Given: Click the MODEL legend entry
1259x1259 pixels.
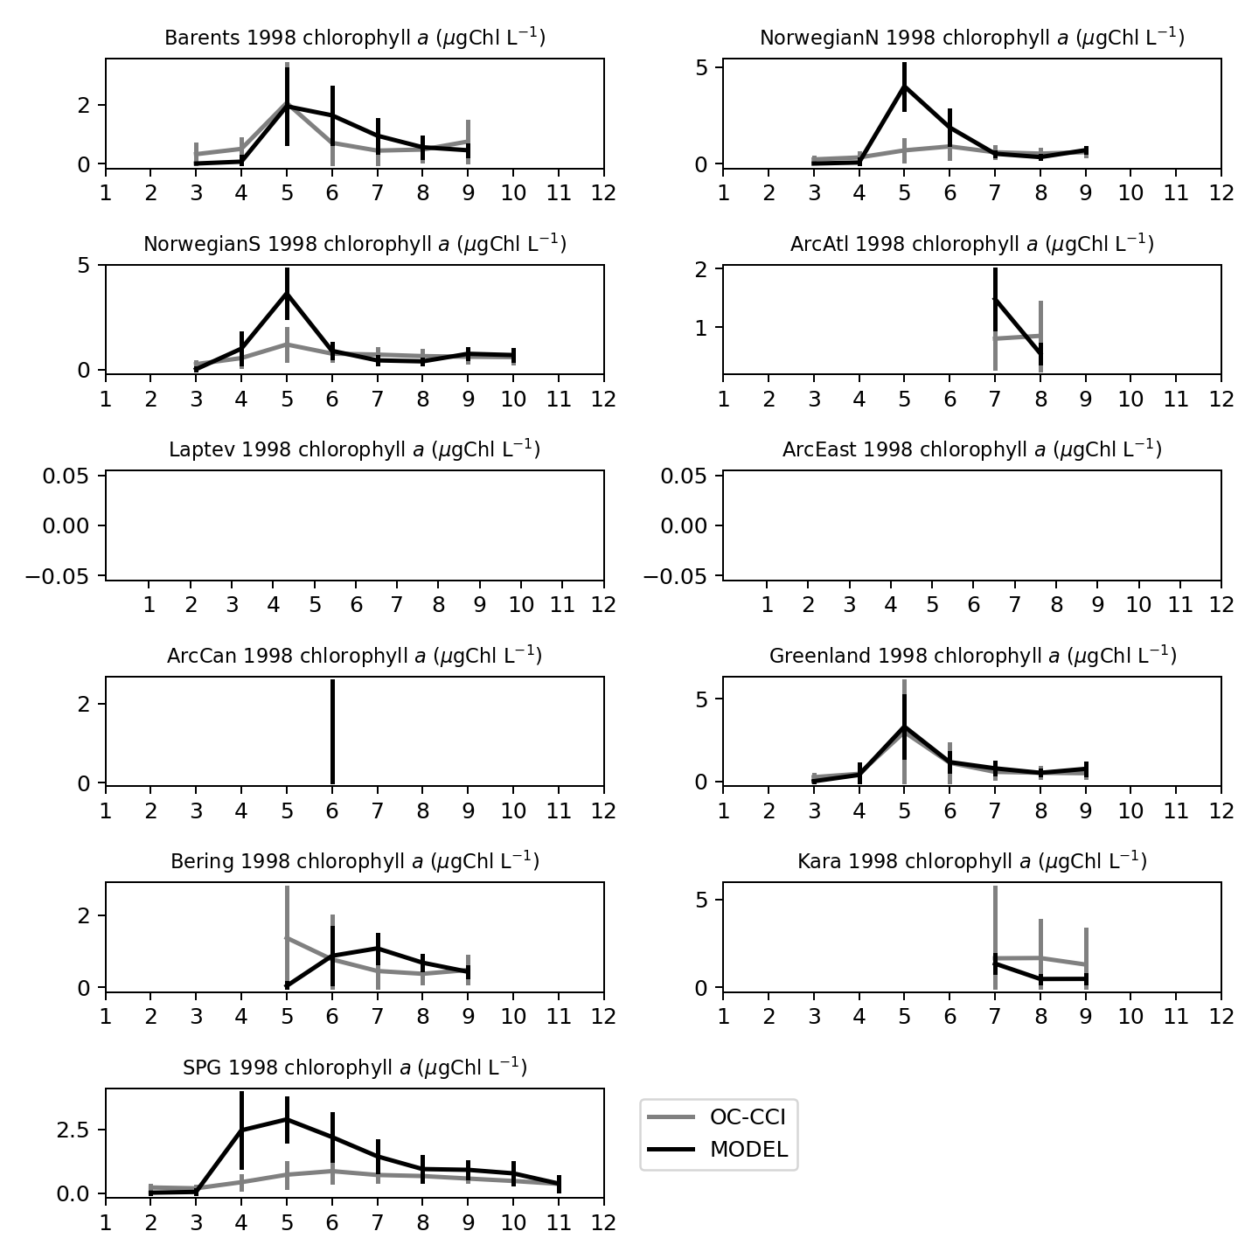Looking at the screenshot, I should [x=718, y=1150].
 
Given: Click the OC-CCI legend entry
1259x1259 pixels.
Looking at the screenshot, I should [x=718, y=1116].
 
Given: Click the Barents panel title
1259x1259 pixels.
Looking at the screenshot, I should [x=355, y=38].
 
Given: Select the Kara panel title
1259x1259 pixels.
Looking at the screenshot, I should [x=971, y=862].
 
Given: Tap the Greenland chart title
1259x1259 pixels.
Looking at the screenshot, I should [x=971, y=656].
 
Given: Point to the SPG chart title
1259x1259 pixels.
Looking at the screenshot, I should [x=355, y=1068].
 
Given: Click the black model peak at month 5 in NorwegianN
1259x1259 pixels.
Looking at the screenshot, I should [x=905, y=86].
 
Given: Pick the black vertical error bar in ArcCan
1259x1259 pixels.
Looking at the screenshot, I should [x=332, y=731].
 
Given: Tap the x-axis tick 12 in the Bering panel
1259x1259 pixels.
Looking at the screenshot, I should [x=603, y=1017].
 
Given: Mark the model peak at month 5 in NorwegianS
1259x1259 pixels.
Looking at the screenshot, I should [x=287, y=293].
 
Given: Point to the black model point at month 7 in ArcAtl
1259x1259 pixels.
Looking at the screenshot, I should [x=995, y=299].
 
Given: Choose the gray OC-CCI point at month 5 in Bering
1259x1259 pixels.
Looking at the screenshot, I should [x=287, y=937].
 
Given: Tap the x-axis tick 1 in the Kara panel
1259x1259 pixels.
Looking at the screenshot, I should [x=723, y=1017].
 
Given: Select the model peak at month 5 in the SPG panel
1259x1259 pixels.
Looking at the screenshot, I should [x=287, y=1119].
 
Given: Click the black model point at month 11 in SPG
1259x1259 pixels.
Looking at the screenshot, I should [x=559, y=1184].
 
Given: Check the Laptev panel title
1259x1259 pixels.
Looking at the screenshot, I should [x=355, y=450].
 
